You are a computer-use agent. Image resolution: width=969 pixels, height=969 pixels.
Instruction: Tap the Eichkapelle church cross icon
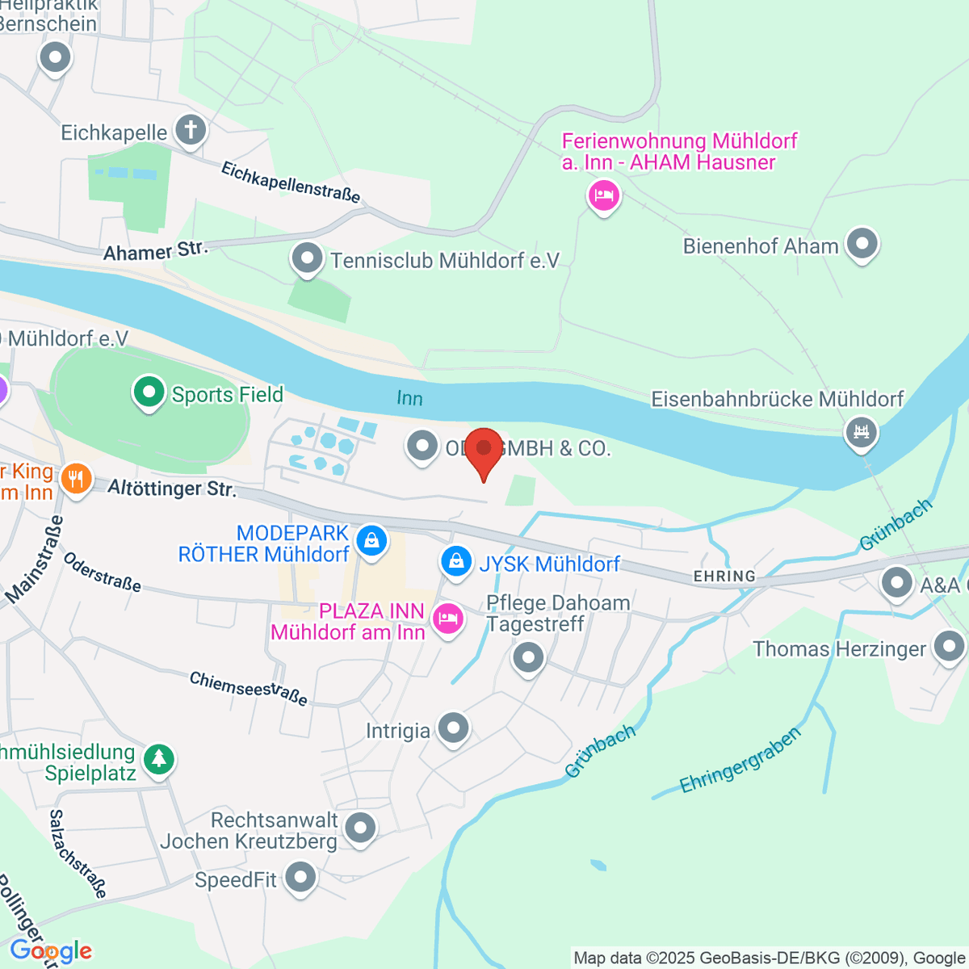click(x=191, y=130)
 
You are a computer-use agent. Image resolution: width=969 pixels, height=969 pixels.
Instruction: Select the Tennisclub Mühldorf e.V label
click(x=445, y=260)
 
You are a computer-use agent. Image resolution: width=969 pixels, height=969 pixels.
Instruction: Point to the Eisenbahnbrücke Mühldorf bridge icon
click(x=861, y=431)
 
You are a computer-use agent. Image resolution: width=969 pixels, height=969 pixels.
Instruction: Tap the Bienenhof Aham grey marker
click(x=862, y=244)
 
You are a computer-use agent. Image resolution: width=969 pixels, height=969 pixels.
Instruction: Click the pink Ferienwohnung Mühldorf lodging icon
click(x=603, y=195)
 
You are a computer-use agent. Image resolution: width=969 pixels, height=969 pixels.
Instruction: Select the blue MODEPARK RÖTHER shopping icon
click(x=371, y=539)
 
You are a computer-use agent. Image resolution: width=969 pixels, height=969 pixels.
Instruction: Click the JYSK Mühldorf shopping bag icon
click(x=456, y=561)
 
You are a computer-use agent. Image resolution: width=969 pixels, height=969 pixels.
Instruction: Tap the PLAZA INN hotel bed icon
click(x=447, y=619)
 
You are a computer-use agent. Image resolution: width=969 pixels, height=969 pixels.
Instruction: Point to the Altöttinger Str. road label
click(x=172, y=489)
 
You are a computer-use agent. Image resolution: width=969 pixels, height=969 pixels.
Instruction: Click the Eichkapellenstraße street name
click(x=291, y=182)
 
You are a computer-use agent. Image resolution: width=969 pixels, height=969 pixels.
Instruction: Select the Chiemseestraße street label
click(x=249, y=688)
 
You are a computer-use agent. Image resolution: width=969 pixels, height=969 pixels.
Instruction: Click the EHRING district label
click(x=724, y=576)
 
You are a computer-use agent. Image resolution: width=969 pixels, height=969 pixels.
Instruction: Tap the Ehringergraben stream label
click(x=740, y=761)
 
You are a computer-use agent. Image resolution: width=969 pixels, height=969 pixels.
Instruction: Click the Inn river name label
click(x=409, y=398)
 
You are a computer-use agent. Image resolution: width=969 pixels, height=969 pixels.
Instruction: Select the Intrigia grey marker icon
click(x=453, y=728)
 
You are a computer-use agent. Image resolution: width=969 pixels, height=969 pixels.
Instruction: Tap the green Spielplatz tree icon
click(x=159, y=759)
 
